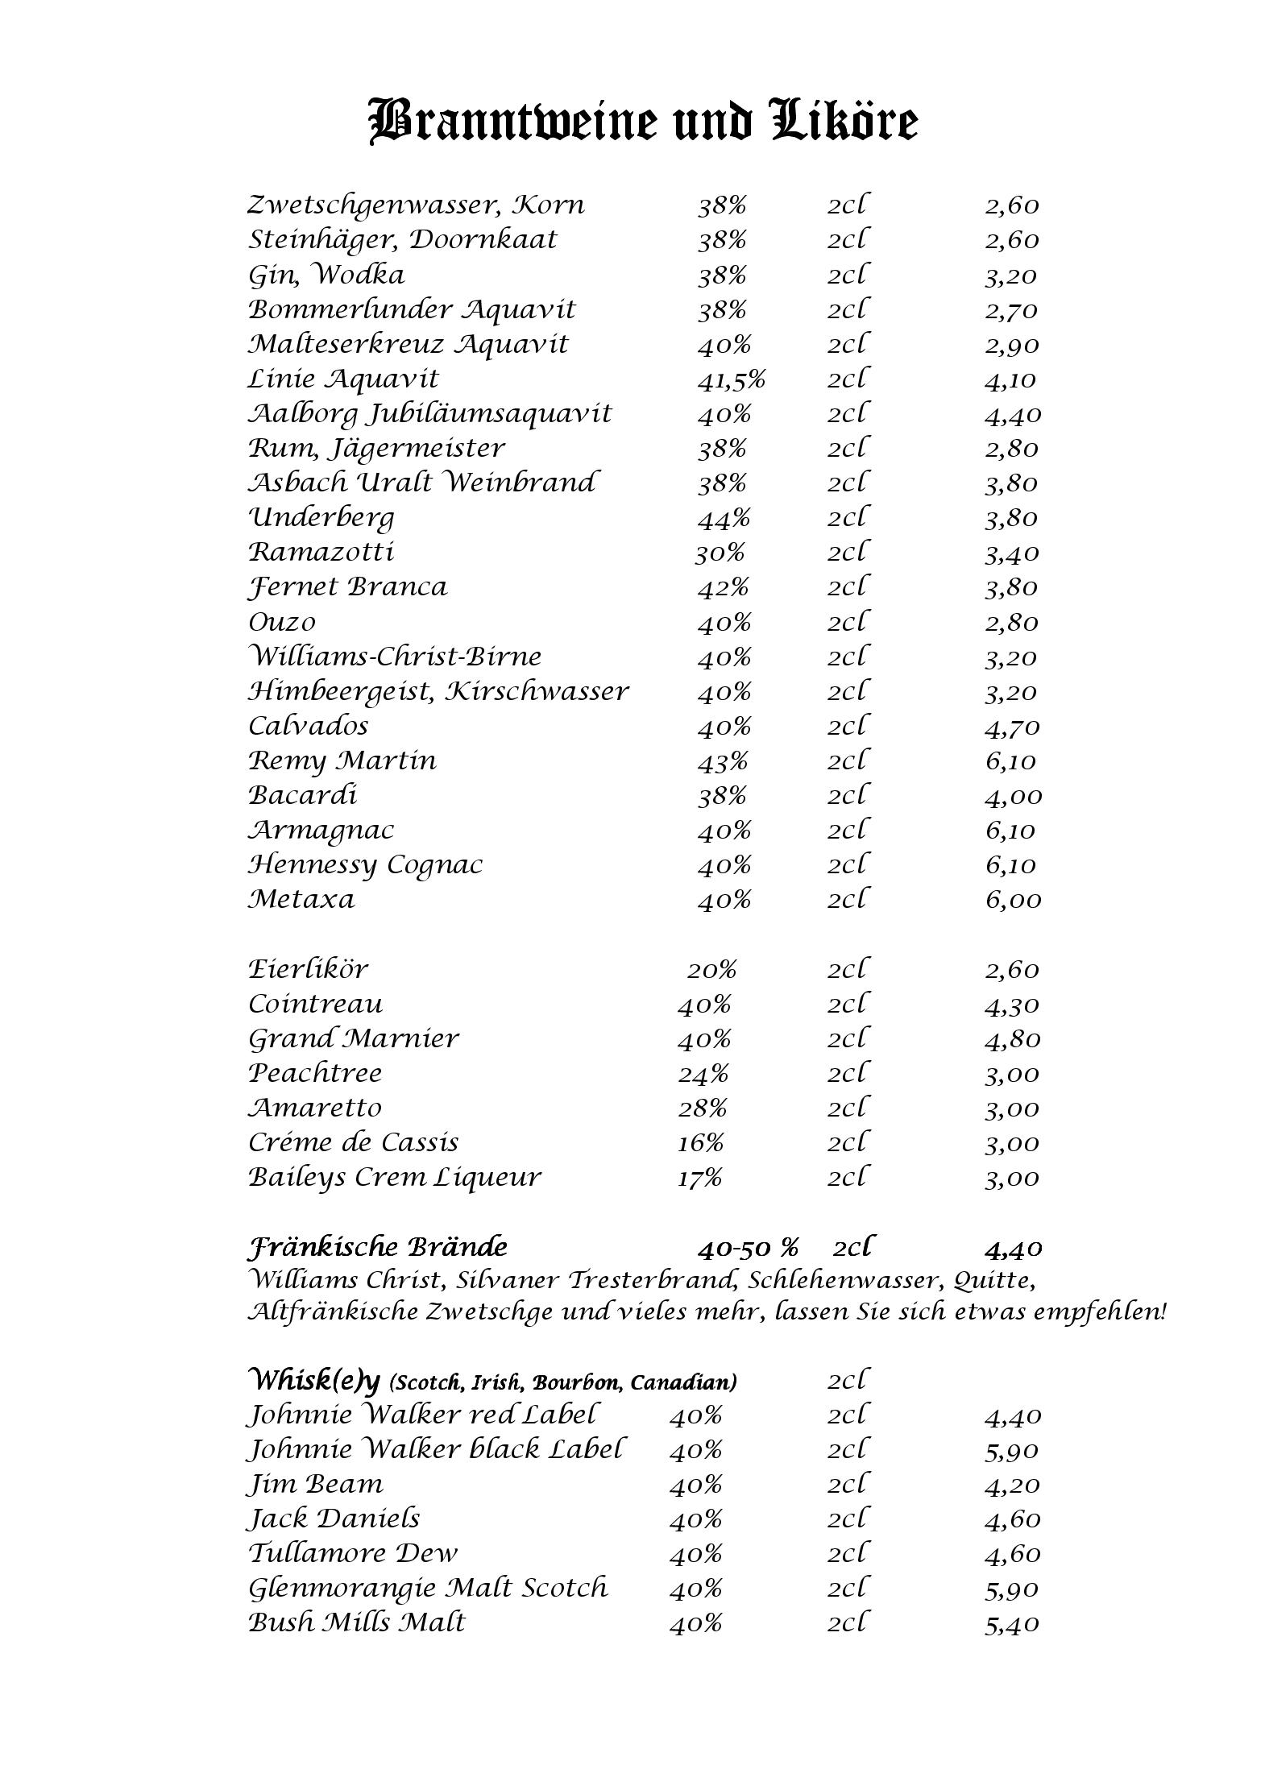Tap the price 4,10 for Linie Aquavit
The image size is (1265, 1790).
click(1010, 379)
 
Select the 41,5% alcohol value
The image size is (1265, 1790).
click(731, 379)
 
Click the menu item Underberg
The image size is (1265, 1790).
click(321, 518)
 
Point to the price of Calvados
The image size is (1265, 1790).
click(1012, 727)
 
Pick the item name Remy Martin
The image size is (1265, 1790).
click(342, 761)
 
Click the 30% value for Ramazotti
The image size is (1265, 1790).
click(720, 553)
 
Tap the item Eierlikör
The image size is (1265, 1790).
click(308, 969)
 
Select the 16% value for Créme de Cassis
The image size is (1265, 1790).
click(700, 1143)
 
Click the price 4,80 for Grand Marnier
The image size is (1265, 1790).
click(1012, 1039)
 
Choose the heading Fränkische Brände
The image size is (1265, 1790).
click(377, 1248)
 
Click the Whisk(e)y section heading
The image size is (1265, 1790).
click(313, 1382)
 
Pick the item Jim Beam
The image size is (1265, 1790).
click(315, 1484)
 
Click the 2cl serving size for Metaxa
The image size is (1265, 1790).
click(847, 899)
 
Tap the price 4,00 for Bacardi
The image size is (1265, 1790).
click(1013, 797)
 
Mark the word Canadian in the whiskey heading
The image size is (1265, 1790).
click(682, 1383)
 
